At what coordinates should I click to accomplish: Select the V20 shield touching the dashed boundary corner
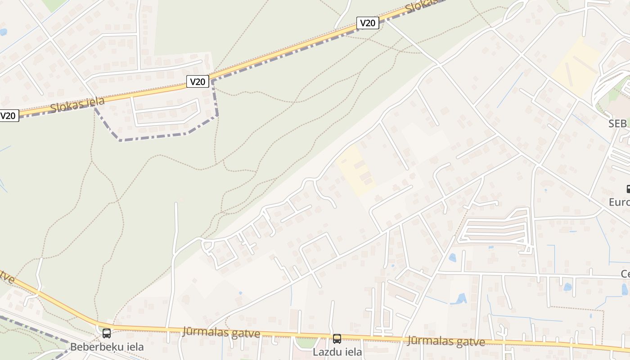click(x=198, y=81)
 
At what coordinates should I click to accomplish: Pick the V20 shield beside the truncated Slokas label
click(x=368, y=23)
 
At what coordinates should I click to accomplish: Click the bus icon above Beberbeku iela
click(x=107, y=333)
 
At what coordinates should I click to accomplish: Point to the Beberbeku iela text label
click(x=107, y=347)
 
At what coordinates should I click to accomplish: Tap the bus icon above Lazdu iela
click(x=337, y=339)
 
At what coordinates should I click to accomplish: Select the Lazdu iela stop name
click(x=337, y=352)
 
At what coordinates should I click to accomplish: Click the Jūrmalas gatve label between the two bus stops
click(x=221, y=333)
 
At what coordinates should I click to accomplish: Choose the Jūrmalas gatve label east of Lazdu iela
click(x=446, y=342)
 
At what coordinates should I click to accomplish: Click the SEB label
click(x=617, y=124)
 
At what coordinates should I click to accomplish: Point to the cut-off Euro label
click(x=619, y=202)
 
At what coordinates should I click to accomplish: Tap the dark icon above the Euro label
click(x=628, y=189)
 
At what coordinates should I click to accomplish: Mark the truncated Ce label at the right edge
click(x=625, y=274)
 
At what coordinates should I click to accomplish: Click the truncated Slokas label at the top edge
click(x=421, y=6)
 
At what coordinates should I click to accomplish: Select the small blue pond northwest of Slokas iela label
click(x=3, y=32)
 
